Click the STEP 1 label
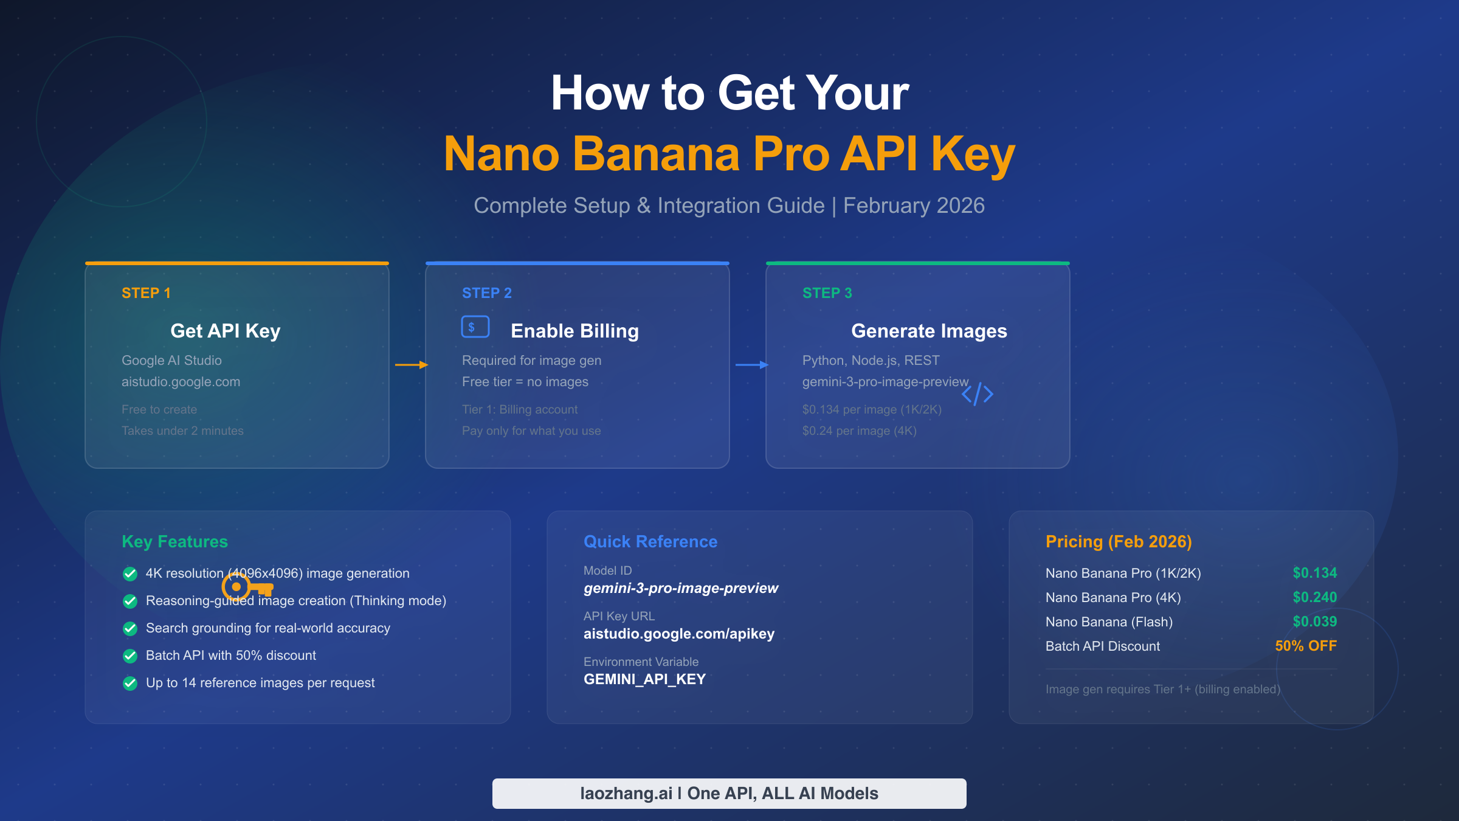146,293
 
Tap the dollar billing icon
475,327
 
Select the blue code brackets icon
978,394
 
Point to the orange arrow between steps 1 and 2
412,365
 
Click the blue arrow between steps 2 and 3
752,365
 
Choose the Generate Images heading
929,331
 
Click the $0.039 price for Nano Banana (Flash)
1314,622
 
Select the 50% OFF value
1306,646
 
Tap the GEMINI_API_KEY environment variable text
644,679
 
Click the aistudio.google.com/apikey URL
679,634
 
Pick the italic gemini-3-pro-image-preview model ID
681,588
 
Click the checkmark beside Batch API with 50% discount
130,656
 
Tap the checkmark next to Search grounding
130,628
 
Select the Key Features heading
174,541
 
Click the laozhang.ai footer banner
729,793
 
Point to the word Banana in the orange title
656,154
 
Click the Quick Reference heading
650,541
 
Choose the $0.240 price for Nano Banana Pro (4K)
1314,597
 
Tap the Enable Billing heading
574,331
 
